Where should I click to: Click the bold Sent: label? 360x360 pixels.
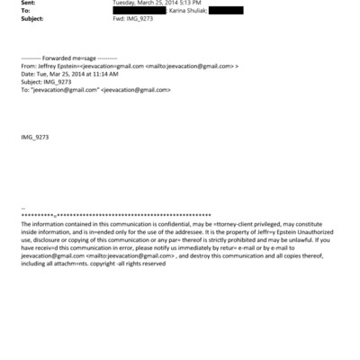26,3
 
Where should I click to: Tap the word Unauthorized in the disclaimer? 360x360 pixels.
309,232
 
